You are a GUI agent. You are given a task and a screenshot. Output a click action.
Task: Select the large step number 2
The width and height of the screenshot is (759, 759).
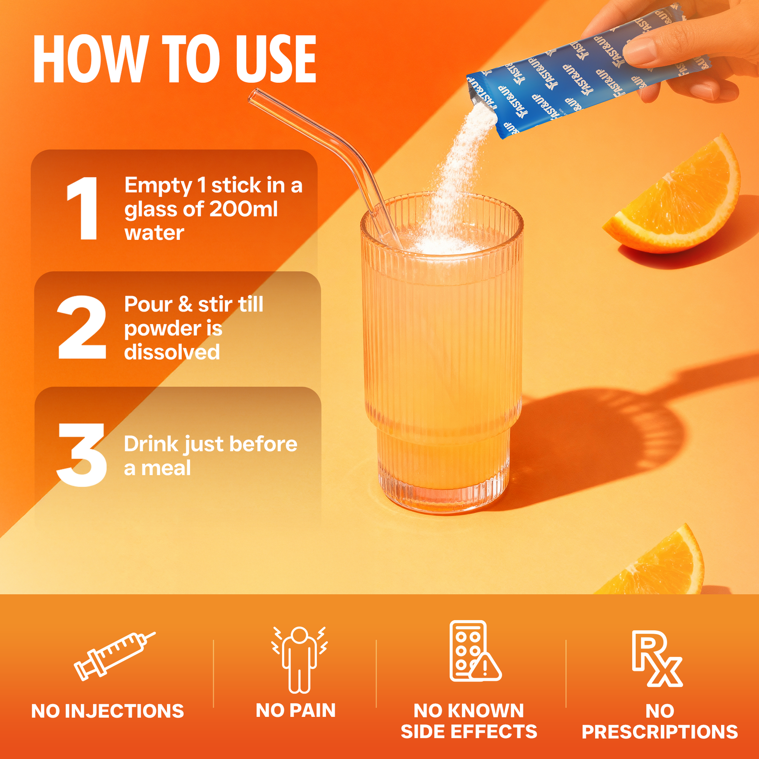82,327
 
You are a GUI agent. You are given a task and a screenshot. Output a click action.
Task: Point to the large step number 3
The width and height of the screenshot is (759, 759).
82,454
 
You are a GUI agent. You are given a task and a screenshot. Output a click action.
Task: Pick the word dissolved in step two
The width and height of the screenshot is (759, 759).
172,351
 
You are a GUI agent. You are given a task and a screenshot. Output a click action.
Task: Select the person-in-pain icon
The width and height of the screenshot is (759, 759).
300,660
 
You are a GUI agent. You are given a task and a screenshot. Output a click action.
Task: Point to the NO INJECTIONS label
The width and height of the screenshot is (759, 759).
108,711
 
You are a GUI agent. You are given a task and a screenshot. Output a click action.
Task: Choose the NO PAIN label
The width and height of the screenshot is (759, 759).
296,710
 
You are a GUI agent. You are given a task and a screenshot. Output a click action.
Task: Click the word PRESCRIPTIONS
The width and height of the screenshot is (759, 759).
660,731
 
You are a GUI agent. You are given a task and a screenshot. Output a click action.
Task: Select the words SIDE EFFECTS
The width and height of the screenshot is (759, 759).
469,731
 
